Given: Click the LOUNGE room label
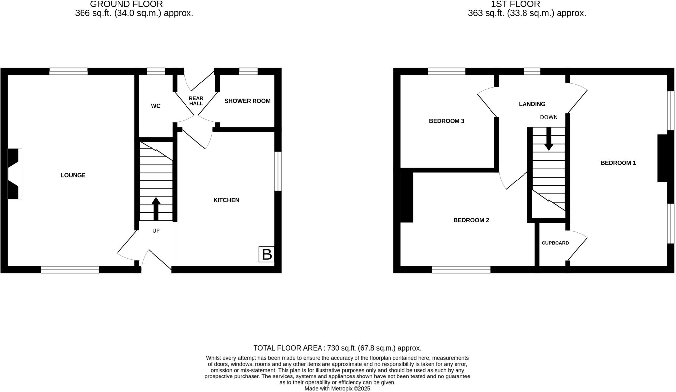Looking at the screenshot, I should [73, 175].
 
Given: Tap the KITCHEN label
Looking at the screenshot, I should [226, 200].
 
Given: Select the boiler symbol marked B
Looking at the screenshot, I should [266, 254].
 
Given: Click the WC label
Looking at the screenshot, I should [155, 106].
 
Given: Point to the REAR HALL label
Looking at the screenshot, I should [196, 101].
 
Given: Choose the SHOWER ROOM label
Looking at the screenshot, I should [247, 101].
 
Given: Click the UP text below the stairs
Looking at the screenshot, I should [156, 231].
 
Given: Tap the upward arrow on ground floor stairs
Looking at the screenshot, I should [156, 209].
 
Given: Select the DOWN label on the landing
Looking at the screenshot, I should [549, 117].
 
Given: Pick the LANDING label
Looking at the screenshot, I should [532, 104].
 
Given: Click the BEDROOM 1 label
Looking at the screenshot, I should [618, 163].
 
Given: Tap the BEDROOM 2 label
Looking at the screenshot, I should [471, 220].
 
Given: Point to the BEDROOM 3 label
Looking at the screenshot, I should [446, 121].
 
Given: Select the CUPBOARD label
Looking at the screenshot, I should [555, 243].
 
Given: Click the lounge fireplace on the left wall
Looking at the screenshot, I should [14, 174].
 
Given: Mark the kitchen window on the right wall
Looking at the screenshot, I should [278, 171].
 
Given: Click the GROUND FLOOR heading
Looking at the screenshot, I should [126, 4].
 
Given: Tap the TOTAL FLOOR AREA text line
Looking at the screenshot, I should [337, 348].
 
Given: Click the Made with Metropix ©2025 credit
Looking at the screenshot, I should [337, 389].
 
